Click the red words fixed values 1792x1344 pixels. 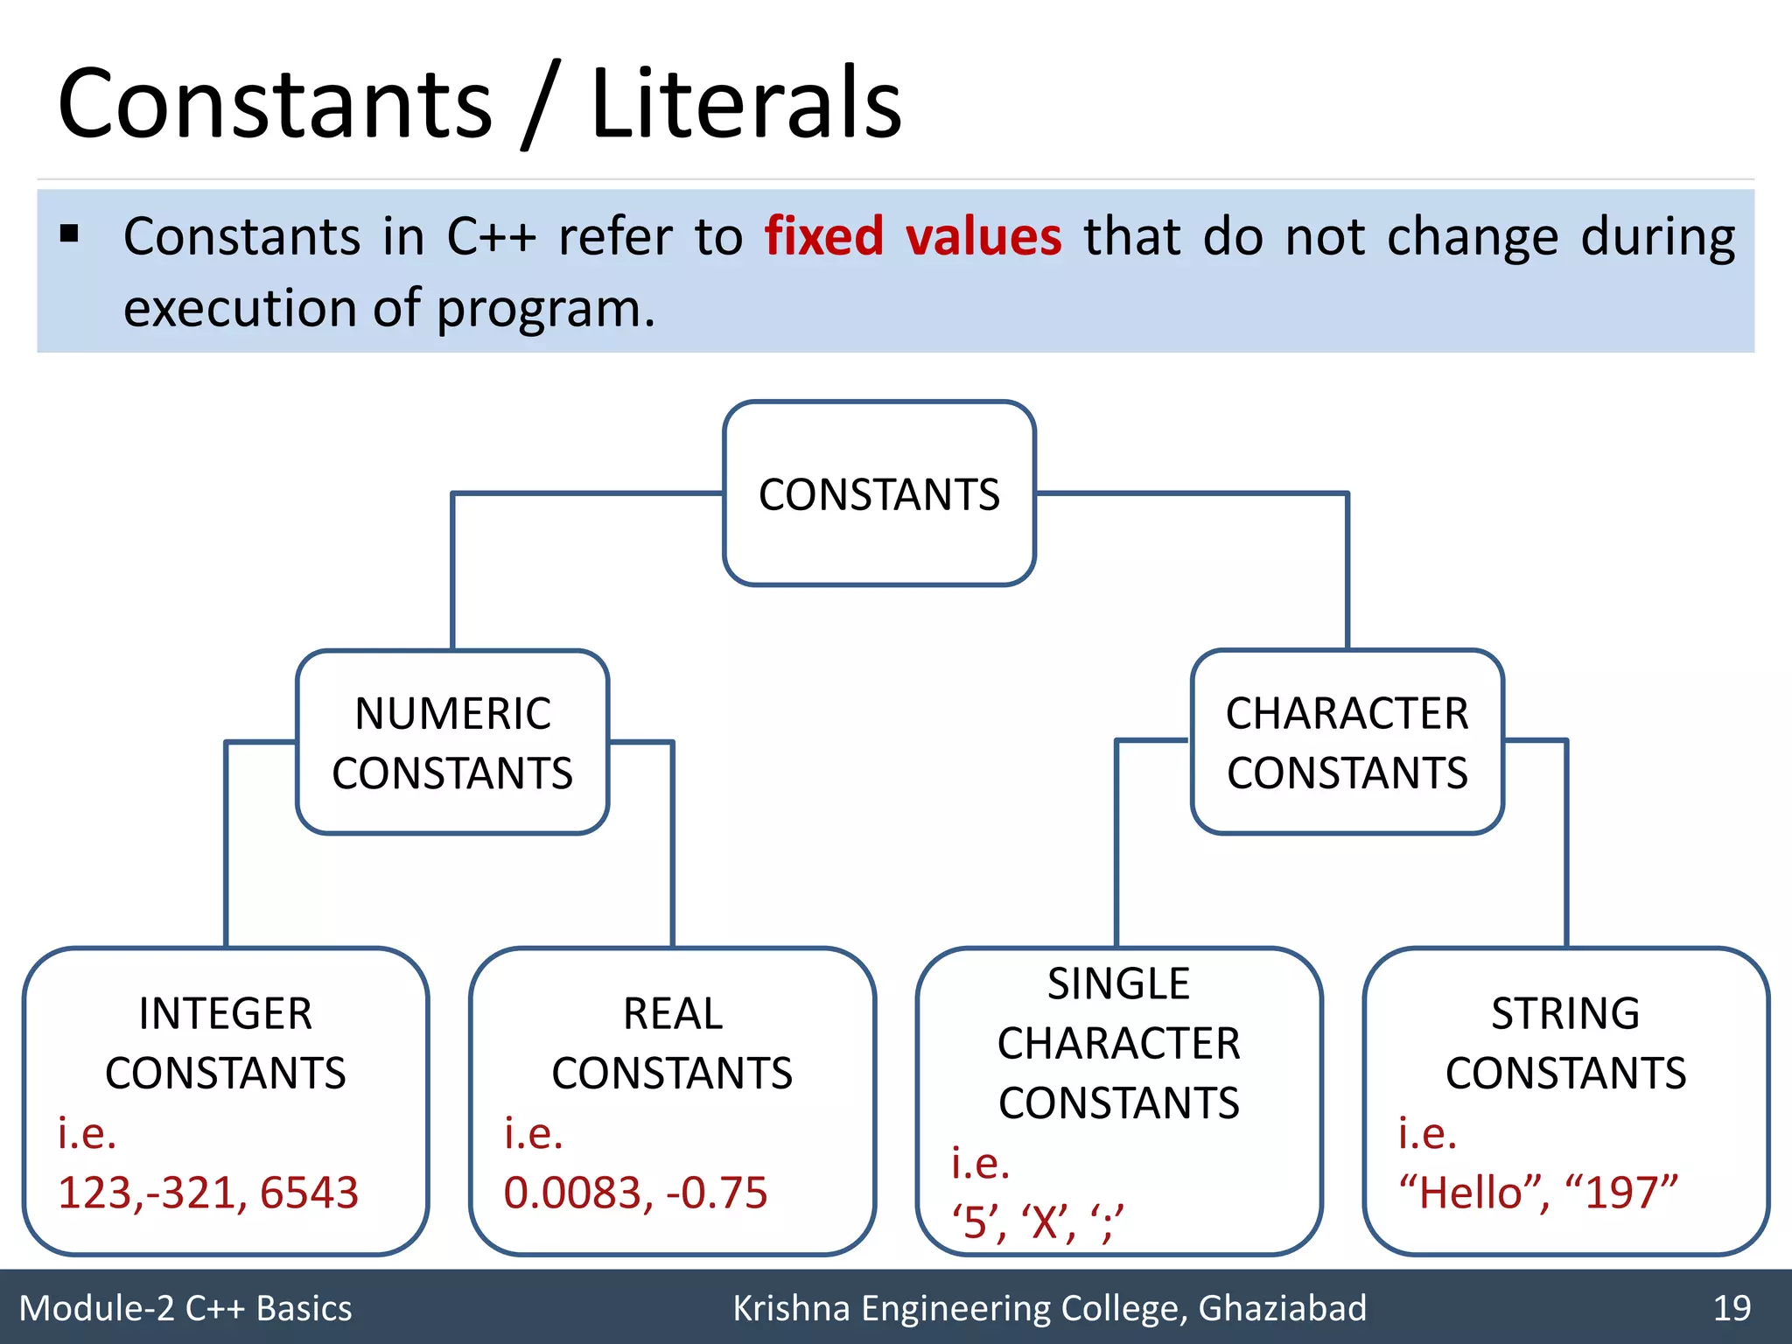point(913,236)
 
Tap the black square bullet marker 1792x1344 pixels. point(70,234)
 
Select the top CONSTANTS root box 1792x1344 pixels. point(879,493)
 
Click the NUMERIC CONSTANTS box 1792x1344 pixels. point(452,742)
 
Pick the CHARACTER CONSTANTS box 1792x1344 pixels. point(1347,742)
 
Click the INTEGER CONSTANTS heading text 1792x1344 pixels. point(226,1043)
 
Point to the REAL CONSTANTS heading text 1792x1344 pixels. point(672,1043)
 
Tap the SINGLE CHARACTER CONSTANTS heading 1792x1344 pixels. point(1118,1043)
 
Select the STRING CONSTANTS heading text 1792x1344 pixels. point(1565,1043)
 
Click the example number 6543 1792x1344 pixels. point(309,1193)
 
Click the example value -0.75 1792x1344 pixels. point(717,1193)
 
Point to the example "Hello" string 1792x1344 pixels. point(1473,1193)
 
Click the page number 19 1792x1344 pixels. point(1732,1308)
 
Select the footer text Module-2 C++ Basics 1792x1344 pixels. point(185,1308)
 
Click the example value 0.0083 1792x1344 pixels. point(577,1193)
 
